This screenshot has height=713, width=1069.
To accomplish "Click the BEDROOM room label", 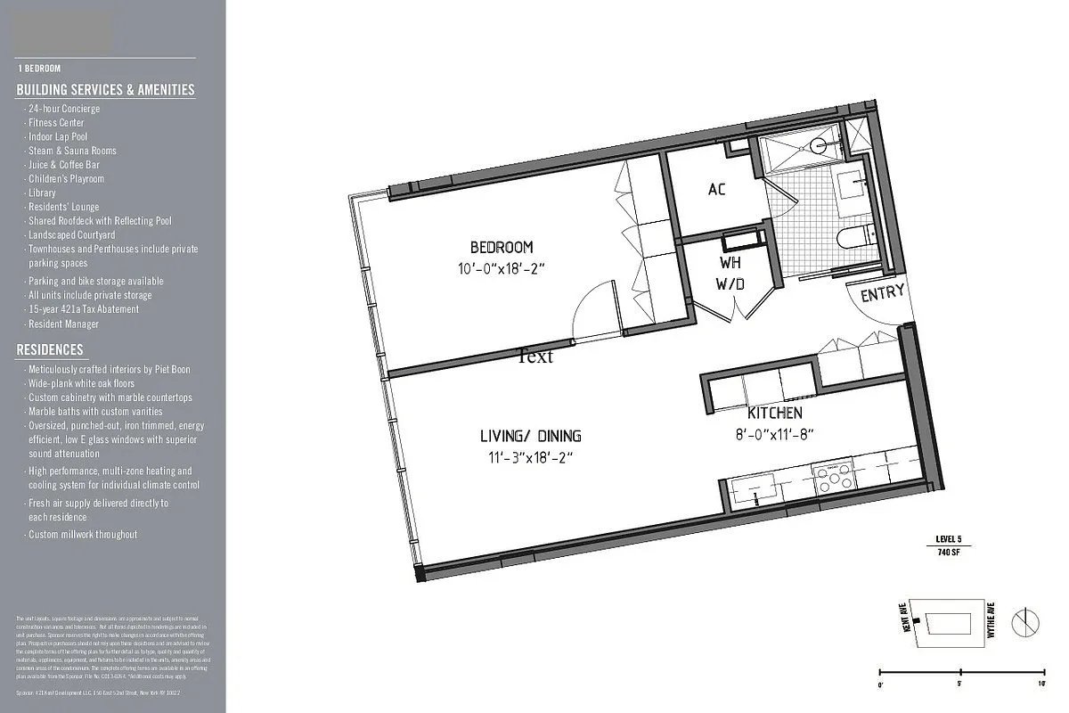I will (502, 247).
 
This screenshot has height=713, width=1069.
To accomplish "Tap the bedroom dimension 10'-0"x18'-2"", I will (502, 266).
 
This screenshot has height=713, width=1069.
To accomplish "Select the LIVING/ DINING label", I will (530, 436).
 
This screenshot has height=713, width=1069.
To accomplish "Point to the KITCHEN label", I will (774, 414).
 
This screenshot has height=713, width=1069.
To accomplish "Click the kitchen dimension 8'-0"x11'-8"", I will (774, 434).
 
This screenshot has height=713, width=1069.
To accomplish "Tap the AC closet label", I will (717, 190).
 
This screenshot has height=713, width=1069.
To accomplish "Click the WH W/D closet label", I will (732, 274).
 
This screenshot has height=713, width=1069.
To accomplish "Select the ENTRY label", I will (882, 291).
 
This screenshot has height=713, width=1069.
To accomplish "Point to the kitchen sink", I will (754, 489).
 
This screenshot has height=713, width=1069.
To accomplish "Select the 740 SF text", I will (949, 553).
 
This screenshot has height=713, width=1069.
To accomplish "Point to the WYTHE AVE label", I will (991, 619).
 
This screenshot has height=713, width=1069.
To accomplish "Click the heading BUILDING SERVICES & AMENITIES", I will (105, 90).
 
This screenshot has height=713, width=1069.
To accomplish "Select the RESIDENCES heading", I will (50, 350).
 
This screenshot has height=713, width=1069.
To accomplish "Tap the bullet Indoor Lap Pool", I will (58, 136).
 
